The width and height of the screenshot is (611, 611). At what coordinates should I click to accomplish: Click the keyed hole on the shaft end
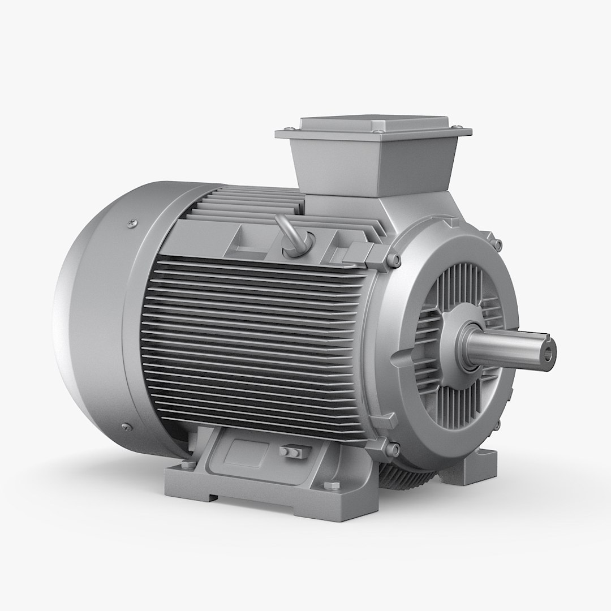[547, 354]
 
